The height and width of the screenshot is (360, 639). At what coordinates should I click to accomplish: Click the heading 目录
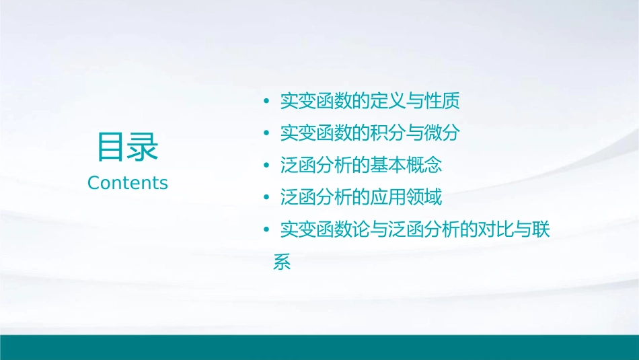[x=127, y=147]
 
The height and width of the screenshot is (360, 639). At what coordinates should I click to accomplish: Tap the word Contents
[x=128, y=183]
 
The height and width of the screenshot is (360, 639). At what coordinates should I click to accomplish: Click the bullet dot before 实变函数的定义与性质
[x=266, y=102]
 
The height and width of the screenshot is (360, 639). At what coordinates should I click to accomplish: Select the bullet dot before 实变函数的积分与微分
[x=266, y=134]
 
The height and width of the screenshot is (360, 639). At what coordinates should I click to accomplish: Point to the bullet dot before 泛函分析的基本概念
[x=266, y=166]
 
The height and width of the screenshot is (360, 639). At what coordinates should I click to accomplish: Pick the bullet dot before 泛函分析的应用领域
[x=266, y=198]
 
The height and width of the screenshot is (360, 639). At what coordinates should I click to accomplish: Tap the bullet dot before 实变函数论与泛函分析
[x=266, y=230]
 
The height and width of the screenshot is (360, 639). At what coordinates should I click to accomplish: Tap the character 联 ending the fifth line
[x=540, y=230]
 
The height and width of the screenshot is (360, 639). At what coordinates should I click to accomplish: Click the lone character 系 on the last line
[x=282, y=262]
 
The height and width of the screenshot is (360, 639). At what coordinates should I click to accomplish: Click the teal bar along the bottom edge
[x=319, y=347]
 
